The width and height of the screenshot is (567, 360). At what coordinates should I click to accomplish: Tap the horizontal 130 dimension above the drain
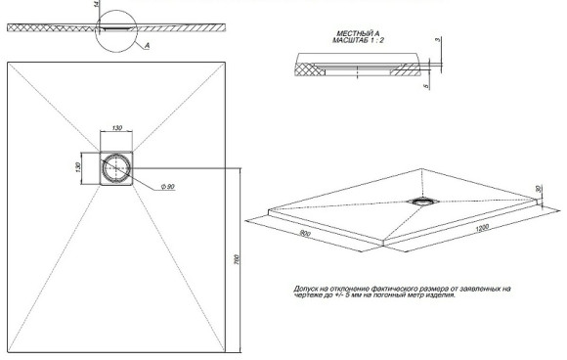(x=117, y=128)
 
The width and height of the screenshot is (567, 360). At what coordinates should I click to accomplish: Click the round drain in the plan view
(x=117, y=168)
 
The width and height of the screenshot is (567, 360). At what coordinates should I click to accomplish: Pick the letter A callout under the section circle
(x=146, y=45)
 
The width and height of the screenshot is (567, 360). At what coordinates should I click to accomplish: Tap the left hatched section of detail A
(x=307, y=68)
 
